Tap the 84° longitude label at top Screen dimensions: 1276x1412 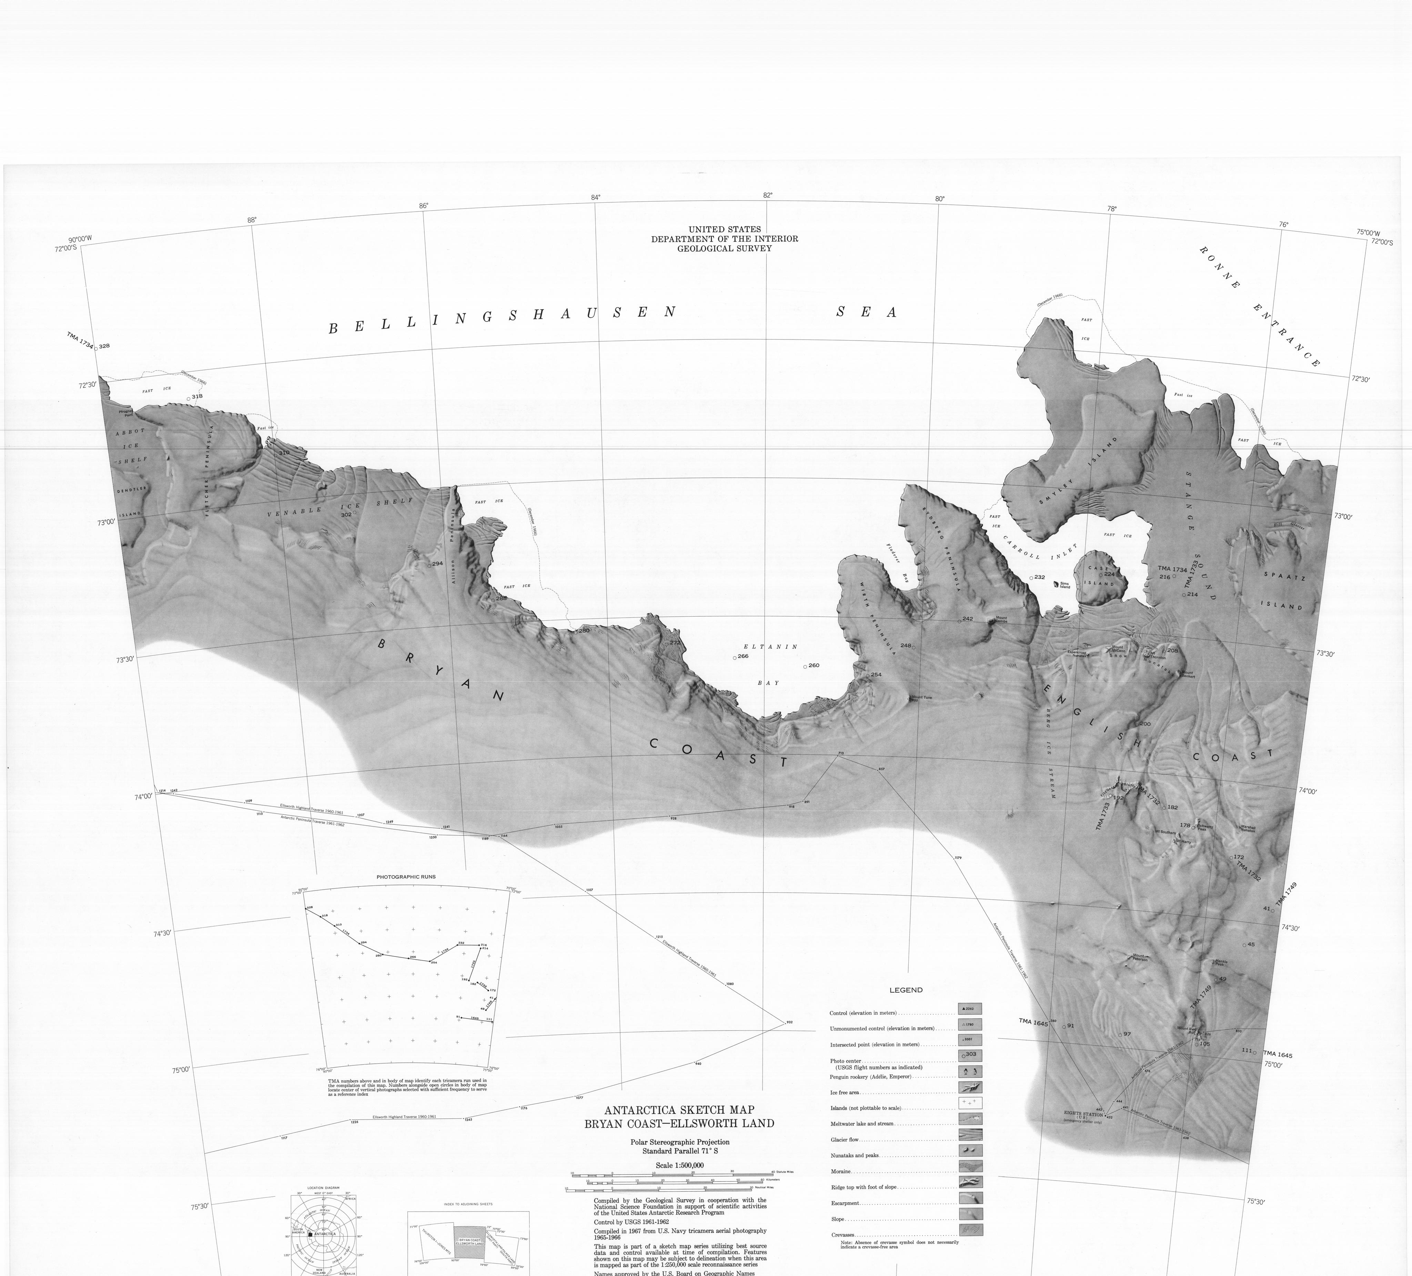595,198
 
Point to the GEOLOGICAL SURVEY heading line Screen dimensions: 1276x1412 724,248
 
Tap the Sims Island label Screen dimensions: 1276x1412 1065,585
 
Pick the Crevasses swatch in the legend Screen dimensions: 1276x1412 970,1229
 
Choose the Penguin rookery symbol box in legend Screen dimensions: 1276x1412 970,1072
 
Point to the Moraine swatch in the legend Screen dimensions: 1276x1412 970,1166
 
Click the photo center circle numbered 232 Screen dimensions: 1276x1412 1031,578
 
